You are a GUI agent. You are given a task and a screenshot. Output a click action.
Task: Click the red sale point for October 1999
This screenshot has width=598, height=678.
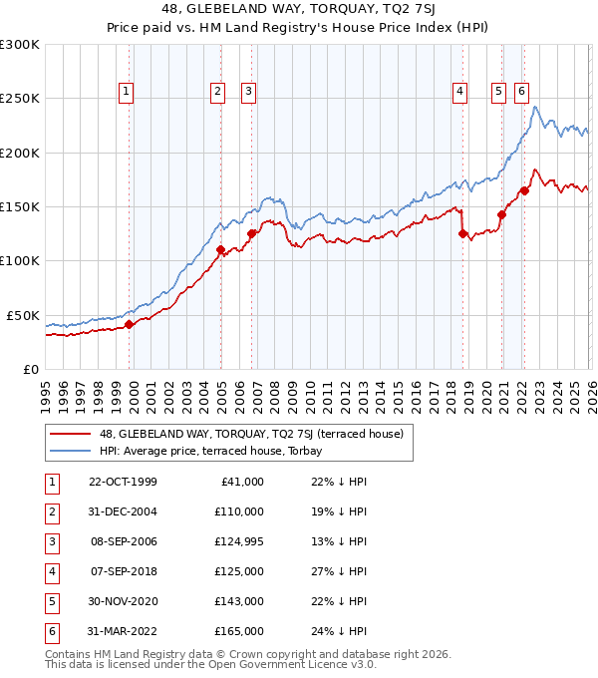(x=130, y=324)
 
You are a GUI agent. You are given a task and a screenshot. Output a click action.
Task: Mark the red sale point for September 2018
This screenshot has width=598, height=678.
(x=462, y=233)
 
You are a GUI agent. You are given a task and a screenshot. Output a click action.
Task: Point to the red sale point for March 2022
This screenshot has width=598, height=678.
(x=524, y=190)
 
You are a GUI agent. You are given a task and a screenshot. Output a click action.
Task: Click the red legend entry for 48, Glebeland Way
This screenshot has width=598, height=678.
(x=250, y=434)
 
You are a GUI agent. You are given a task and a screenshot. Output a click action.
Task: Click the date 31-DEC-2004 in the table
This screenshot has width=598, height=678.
(x=123, y=510)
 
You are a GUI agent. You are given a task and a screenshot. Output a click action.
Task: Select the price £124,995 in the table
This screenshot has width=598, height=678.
(x=239, y=540)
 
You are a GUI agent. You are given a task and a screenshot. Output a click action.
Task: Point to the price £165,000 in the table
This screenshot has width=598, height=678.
(x=239, y=630)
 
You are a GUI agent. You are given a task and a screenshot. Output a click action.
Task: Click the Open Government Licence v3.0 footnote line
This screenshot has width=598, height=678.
(x=195, y=664)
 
